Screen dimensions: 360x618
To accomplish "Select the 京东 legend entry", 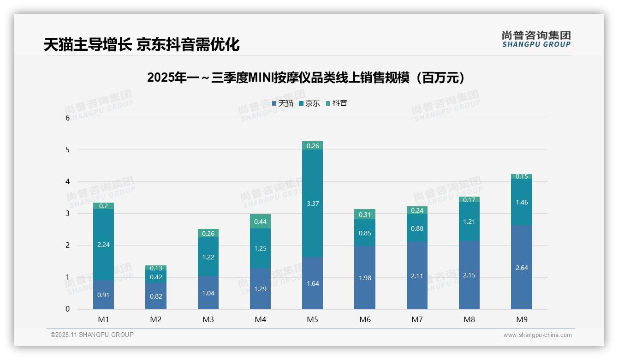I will [309, 103].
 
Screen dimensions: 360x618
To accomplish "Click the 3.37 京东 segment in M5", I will [312, 204].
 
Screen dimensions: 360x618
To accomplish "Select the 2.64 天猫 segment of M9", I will [522, 268].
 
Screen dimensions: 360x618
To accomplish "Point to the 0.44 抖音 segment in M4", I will [260, 222].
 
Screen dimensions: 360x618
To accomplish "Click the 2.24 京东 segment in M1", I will [103, 245].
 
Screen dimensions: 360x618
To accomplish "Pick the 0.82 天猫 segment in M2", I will [156, 296].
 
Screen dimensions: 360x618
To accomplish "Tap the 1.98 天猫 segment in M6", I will [365, 278].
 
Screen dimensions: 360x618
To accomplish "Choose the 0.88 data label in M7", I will [417, 228].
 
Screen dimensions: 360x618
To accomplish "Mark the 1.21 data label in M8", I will [469, 222].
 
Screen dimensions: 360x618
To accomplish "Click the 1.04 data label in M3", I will [208, 293].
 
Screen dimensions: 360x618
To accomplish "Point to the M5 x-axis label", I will [312, 319].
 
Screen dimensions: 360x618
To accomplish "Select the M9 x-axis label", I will [522, 319].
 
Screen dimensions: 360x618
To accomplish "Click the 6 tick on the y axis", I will [67, 118].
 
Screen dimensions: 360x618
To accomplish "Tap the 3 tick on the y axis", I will [67, 214].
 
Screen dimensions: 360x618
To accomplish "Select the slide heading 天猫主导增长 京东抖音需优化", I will [142, 44].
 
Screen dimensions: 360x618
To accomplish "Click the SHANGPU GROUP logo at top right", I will [536, 39].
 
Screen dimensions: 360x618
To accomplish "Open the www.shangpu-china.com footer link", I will [537, 335].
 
